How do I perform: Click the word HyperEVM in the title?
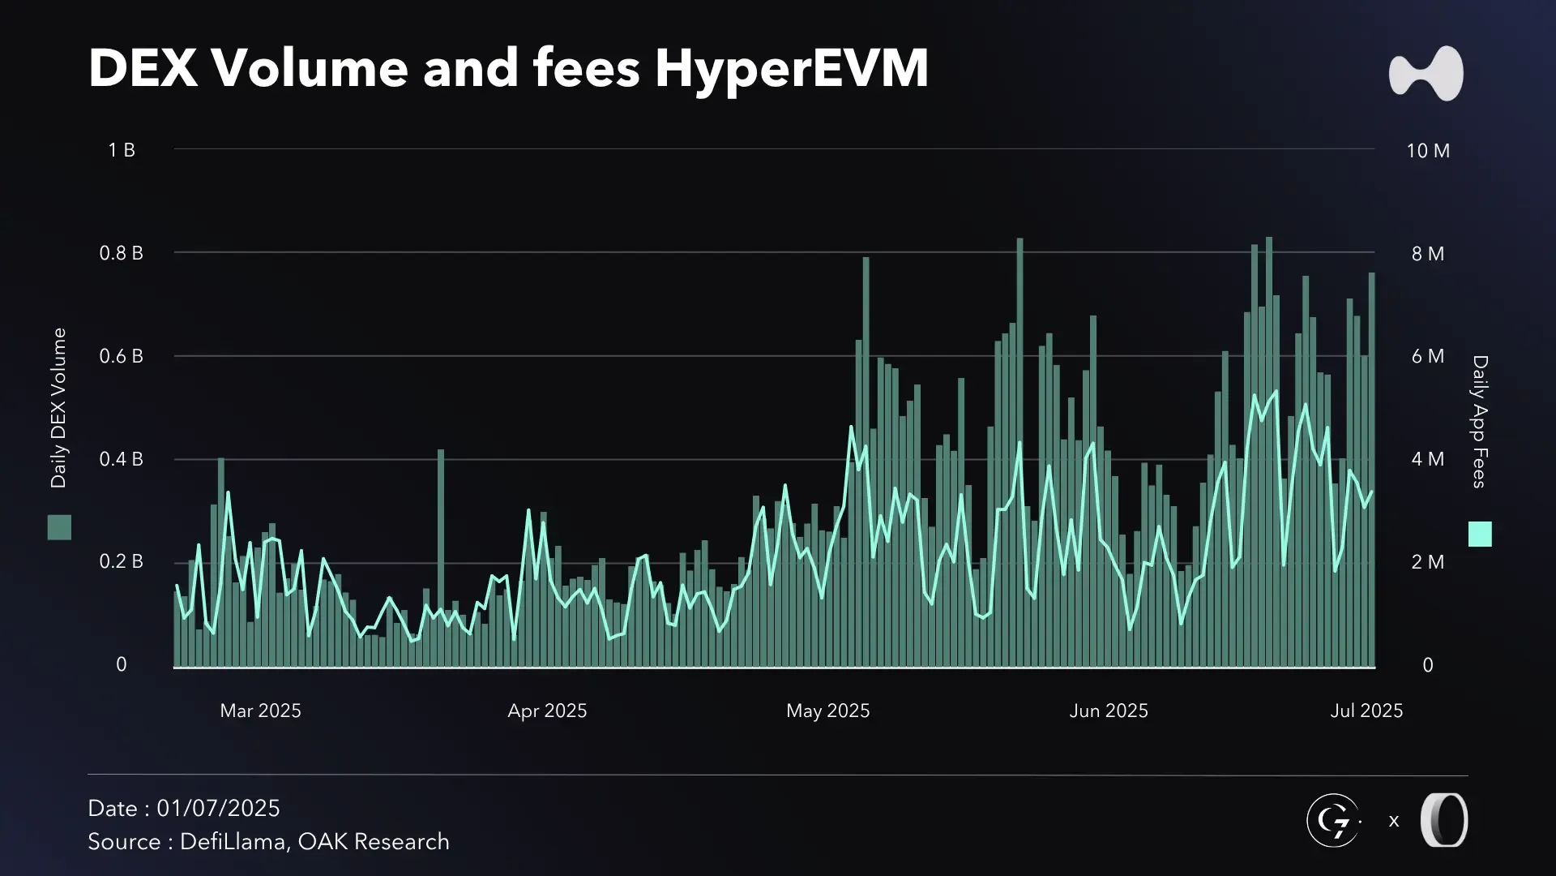[x=792, y=68]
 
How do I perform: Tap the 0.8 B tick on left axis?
[x=121, y=253]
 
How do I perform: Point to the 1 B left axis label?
[x=122, y=150]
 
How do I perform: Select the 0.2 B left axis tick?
[x=121, y=561]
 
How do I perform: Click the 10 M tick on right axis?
[x=1428, y=151]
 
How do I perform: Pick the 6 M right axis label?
[x=1428, y=356]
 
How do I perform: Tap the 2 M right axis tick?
[x=1428, y=562]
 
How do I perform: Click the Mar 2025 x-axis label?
[x=260, y=711]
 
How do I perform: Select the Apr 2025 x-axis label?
[x=547, y=711]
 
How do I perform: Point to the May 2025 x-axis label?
[x=827, y=711]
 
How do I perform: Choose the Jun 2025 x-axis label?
[x=1109, y=711]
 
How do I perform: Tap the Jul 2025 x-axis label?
[x=1366, y=711]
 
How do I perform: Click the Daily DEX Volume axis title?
[x=58, y=408]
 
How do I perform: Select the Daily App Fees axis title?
[x=1480, y=421]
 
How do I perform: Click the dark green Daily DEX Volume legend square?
[x=59, y=527]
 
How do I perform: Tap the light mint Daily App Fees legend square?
[x=1480, y=534]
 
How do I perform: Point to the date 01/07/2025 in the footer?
[x=218, y=809]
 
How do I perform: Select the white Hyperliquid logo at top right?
[x=1426, y=74]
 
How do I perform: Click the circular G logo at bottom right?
[x=1333, y=821]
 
